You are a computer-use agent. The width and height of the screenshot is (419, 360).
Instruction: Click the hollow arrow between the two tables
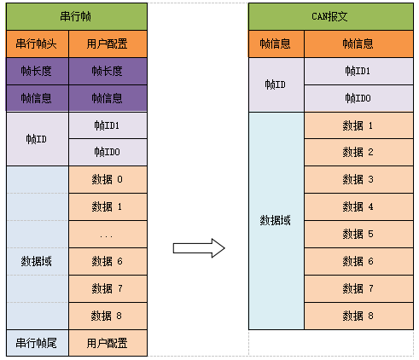point(198,248)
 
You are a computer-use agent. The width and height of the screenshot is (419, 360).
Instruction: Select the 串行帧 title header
point(76,16)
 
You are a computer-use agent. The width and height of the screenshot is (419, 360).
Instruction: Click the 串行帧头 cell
point(38,44)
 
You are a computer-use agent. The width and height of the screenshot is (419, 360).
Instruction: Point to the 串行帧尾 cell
point(38,343)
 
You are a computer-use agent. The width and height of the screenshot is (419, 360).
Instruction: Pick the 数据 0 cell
point(108,179)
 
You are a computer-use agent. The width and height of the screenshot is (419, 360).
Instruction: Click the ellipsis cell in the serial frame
point(108,234)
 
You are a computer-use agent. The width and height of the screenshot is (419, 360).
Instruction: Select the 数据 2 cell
point(358,152)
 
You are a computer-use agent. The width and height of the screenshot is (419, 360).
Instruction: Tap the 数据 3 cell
point(358,179)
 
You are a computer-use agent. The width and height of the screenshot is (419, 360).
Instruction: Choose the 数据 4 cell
point(358,206)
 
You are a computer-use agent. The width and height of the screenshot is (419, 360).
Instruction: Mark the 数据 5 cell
point(358,234)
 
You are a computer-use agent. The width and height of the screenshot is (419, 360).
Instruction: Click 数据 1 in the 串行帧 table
point(108,206)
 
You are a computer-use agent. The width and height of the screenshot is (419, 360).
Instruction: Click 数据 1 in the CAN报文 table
point(358,125)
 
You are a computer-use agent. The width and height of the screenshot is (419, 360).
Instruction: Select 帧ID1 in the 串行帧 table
point(108,125)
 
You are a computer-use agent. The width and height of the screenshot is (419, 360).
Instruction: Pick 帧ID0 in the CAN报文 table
point(358,98)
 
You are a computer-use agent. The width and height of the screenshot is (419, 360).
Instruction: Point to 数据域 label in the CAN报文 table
point(276,220)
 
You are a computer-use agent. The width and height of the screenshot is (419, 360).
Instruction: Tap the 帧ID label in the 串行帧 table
point(38,138)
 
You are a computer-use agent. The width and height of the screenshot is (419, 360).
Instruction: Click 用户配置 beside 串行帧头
point(108,44)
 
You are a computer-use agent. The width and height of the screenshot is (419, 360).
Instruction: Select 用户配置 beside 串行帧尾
point(108,343)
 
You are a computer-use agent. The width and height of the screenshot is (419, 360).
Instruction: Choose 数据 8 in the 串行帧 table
point(108,316)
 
